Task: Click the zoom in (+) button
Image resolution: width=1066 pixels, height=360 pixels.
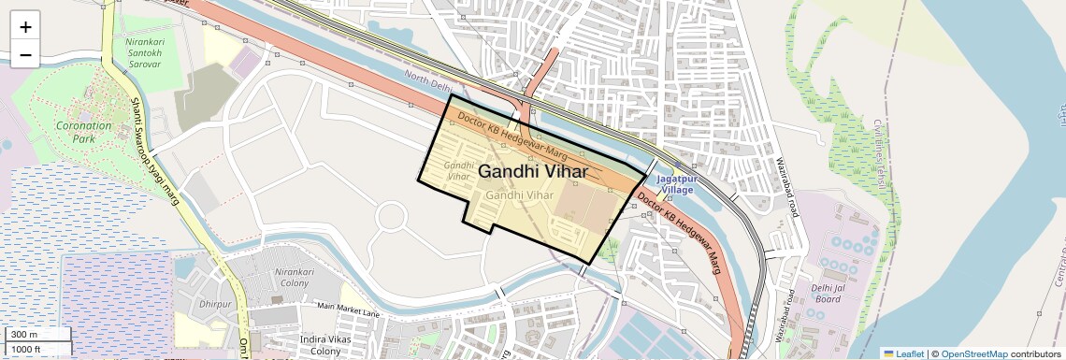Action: click(25, 26)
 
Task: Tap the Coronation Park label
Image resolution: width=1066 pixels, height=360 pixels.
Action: click(83, 132)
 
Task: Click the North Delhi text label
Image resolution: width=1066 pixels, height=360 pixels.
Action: click(428, 82)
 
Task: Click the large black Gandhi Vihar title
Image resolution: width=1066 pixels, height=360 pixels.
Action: click(533, 172)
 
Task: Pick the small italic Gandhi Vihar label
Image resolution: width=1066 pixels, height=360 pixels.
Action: click(458, 169)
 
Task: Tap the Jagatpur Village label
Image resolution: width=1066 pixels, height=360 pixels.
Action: click(674, 183)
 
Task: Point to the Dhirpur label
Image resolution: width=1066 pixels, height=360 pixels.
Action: click(215, 304)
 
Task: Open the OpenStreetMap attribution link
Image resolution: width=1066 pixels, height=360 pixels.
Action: click(973, 353)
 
